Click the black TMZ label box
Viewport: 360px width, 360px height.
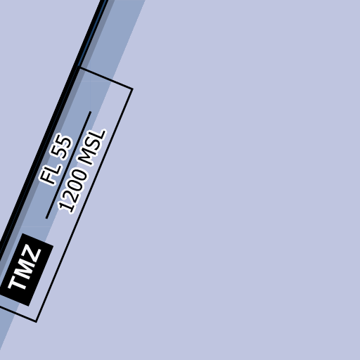click(26, 269)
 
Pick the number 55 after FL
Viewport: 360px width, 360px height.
click(61, 146)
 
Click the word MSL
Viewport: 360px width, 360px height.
click(93, 148)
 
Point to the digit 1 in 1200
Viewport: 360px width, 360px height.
click(65, 207)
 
